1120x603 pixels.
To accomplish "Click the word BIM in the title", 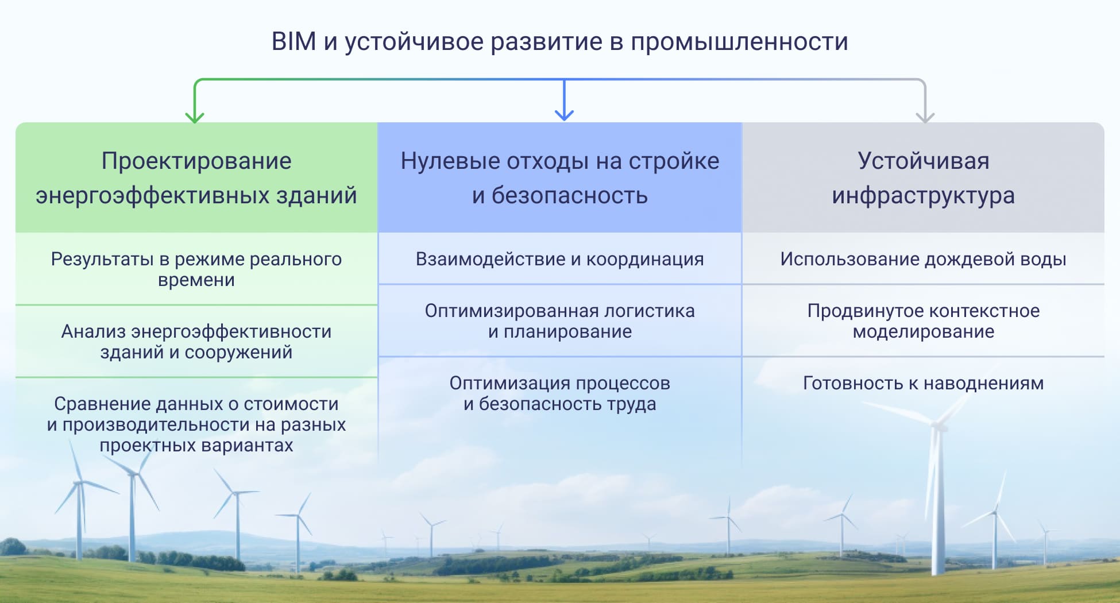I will pos(293,42).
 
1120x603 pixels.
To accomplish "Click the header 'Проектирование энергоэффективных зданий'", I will pos(196,178).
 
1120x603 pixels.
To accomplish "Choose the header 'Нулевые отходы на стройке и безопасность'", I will pos(560,178).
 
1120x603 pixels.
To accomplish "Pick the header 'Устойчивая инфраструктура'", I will pos(923,178).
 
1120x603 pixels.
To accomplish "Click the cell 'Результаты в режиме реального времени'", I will pos(196,269).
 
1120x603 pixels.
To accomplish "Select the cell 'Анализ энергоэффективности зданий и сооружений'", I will pos(196,342).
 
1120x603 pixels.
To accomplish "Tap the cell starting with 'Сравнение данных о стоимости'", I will pos(196,424).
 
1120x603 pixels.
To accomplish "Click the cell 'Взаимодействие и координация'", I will pos(560,259).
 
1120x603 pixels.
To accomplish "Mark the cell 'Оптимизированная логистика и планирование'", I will pos(560,321).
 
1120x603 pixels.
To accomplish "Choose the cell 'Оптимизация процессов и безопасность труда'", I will pos(560,393).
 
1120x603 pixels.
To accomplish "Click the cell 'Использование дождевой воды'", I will pos(923,259).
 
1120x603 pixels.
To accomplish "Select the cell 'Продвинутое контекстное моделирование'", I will pos(923,321).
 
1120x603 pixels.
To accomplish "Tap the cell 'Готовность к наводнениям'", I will pos(923,383).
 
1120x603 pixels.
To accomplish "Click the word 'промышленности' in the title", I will pos(739,42).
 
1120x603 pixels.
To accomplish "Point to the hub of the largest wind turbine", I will pos(939,426).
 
